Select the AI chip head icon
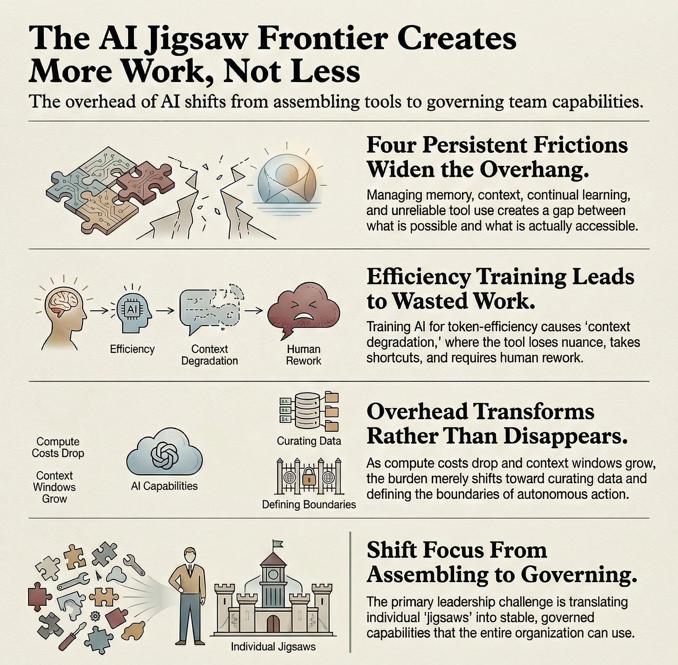[134, 312]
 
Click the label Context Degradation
[210, 355]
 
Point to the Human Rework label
[304, 355]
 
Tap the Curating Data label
[309, 441]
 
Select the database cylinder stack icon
[307, 411]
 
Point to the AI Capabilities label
[164, 486]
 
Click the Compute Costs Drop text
[58, 448]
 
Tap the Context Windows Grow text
[54, 487]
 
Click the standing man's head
[189, 555]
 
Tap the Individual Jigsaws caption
[273, 647]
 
